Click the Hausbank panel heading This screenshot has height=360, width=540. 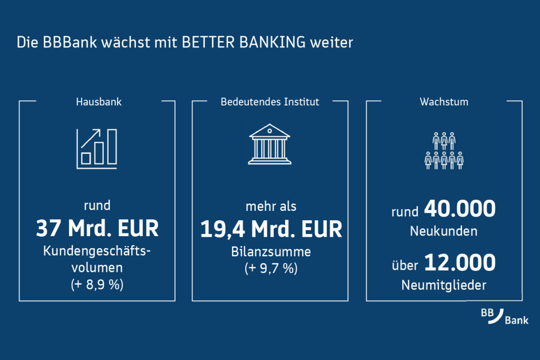[99, 102]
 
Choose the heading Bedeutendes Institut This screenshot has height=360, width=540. [269, 102]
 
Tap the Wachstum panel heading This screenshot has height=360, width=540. [444, 102]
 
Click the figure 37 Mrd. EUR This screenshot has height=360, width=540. [97, 229]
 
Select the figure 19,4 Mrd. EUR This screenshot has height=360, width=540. [271, 229]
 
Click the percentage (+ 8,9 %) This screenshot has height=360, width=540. [97, 285]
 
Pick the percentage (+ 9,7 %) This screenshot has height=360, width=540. [271, 269]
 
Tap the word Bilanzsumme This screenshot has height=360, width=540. [271, 252]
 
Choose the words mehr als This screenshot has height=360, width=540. [271, 206]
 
